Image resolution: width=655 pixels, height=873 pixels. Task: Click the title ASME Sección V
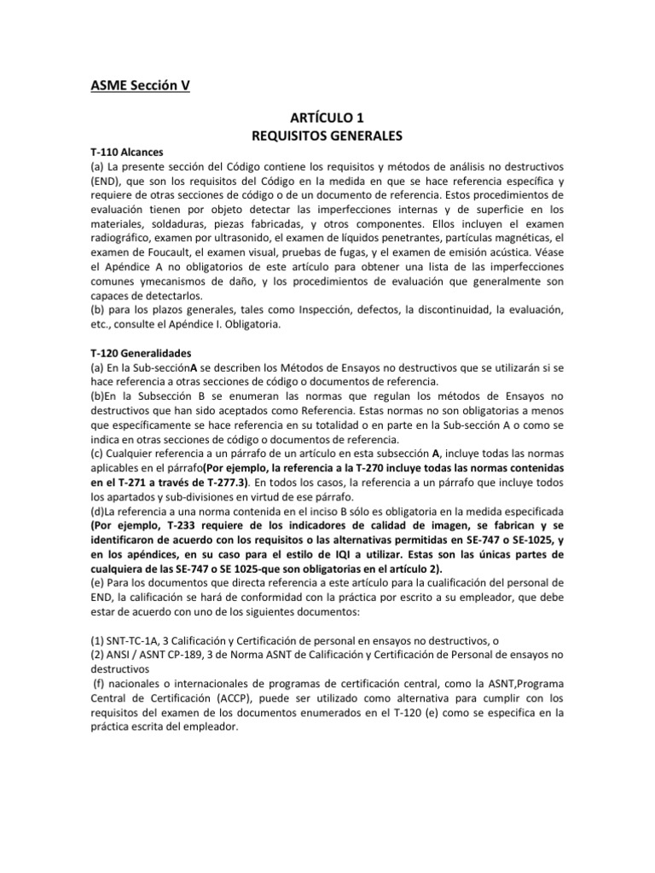tap(142, 85)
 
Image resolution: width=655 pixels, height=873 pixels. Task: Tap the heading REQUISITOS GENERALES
tap(327, 135)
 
